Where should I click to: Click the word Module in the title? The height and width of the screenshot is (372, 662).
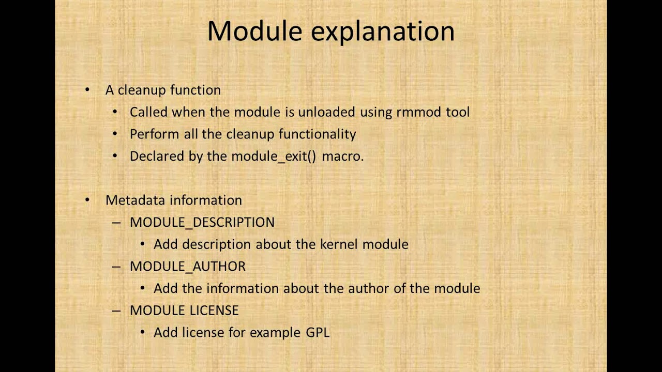[x=254, y=32]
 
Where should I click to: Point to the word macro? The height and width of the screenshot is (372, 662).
[x=342, y=156]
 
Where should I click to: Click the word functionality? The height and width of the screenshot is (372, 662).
[x=317, y=134]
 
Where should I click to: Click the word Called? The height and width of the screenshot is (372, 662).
[x=148, y=112]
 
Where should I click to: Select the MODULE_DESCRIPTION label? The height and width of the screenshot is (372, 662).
[x=202, y=222]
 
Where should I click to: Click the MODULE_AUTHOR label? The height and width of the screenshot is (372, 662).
[x=187, y=266]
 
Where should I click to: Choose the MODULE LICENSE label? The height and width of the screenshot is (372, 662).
[x=184, y=310]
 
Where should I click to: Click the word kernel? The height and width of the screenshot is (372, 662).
[x=339, y=244]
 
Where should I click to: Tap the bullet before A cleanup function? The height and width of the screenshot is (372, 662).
[x=87, y=90]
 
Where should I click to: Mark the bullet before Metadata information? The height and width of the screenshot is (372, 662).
[x=87, y=200]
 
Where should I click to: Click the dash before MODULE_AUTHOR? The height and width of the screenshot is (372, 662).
[x=116, y=266]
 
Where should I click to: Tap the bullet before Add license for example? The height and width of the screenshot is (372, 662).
[x=143, y=332]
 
